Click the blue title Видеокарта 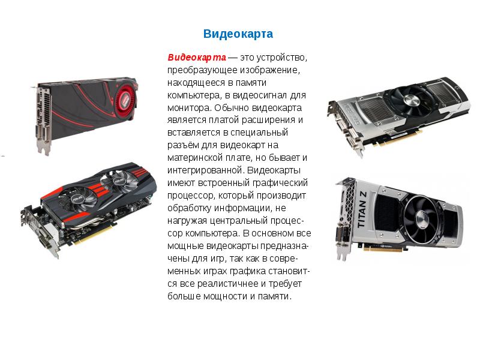click(x=238, y=34)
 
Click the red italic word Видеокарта click(x=197, y=57)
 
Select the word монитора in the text click(x=190, y=108)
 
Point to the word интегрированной click(x=206, y=170)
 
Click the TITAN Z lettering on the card click(x=362, y=209)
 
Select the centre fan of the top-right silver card click(x=410, y=100)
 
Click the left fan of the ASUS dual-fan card click(x=77, y=199)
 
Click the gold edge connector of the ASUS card click(x=95, y=234)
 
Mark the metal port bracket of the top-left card click(x=42, y=119)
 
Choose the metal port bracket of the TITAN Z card click(x=344, y=220)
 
